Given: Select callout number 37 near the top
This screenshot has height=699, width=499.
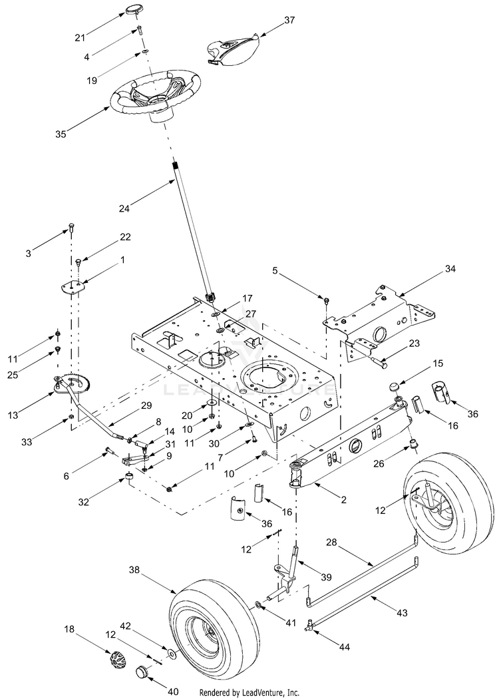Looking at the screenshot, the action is pyautogui.click(x=289, y=20).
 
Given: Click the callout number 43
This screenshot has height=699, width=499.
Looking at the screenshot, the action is pyautogui.click(x=402, y=613).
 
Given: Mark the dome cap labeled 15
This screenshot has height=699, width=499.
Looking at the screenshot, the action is pyautogui.click(x=394, y=386).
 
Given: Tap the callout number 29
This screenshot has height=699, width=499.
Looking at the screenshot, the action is pyautogui.click(x=146, y=405).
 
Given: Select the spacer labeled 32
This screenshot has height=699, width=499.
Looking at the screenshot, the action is pyautogui.click(x=129, y=479).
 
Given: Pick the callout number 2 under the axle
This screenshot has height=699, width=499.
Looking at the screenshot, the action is pyautogui.click(x=343, y=500).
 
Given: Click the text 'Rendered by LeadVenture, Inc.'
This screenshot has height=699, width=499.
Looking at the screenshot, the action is pyautogui.click(x=249, y=692).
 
